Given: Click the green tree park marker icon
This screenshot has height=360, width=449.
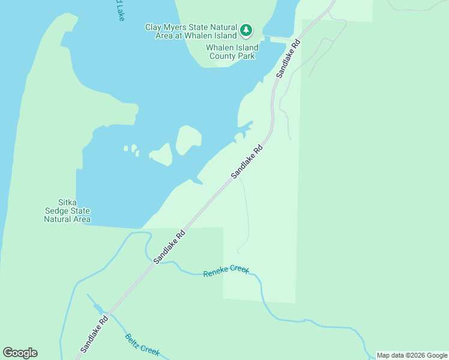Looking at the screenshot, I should tap(246, 30).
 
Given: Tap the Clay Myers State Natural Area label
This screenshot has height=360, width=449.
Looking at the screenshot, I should tap(191, 31).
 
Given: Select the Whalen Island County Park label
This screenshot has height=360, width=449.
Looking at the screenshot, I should tap(232, 52).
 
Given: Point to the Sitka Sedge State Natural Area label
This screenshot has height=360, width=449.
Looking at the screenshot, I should tap(67, 211).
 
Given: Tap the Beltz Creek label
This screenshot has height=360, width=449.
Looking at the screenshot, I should tap(142, 344).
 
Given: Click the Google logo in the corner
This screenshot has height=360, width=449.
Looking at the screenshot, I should tap(20, 353).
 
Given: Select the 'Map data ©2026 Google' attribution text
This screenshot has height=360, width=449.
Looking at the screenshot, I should tap(412, 355).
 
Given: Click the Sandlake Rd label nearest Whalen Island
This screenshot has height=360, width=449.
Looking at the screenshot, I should tap(288, 58).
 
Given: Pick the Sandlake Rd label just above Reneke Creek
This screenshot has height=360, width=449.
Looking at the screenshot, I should tap(169, 245).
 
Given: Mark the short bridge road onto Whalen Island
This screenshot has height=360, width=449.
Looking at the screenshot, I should tap(279, 40).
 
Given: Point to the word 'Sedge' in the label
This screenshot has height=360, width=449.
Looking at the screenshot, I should tap(76, 211).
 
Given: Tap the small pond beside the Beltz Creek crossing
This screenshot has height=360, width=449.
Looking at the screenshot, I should tap(98, 309).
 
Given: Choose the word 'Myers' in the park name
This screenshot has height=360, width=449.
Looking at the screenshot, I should tap(176, 27).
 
